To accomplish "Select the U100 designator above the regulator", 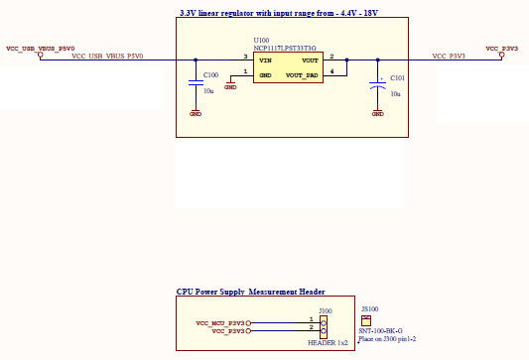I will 261,41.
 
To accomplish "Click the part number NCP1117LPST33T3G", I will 285,48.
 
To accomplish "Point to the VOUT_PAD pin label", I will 302,74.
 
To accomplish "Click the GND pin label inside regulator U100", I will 265,74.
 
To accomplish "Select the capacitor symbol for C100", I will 196,83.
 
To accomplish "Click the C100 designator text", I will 210,75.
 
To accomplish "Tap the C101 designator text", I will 397,77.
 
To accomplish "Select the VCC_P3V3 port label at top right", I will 501,48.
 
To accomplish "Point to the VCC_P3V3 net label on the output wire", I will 449,57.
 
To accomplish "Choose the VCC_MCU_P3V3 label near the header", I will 220,322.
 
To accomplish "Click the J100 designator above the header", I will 325,311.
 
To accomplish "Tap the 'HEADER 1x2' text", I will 329,343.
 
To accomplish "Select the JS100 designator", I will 371,308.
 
